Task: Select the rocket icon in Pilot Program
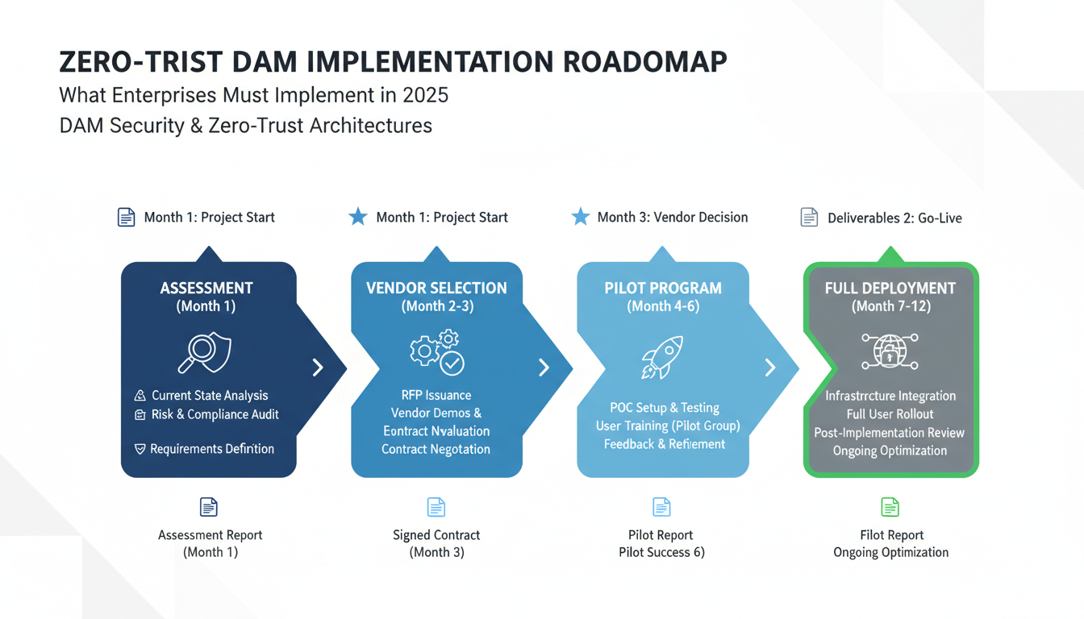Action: pos(662,357)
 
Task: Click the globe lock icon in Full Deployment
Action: pos(890,351)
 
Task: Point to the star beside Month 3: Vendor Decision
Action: pos(580,217)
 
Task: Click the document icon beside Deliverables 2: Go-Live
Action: pos(809,218)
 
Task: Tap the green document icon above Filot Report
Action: pos(890,507)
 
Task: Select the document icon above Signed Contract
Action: pos(436,507)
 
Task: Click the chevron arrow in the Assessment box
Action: pos(318,368)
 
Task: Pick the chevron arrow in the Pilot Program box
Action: pos(769,368)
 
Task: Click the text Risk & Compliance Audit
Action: pos(215,414)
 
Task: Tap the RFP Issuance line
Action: pos(436,395)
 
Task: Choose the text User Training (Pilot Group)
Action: pos(668,426)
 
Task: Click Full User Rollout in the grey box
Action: pos(890,414)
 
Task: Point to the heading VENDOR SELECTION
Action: pos(436,288)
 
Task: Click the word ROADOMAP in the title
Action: pos(634,62)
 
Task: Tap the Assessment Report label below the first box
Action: pos(211,535)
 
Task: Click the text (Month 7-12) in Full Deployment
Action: pos(890,306)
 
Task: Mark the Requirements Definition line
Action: pos(211,449)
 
